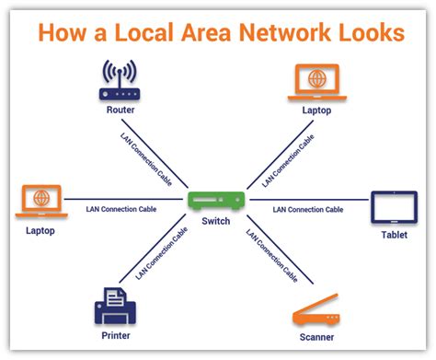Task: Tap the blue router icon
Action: click(118, 84)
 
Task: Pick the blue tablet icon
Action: click(394, 207)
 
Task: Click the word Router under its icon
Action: click(118, 110)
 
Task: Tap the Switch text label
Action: click(217, 222)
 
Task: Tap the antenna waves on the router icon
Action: click(118, 70)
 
